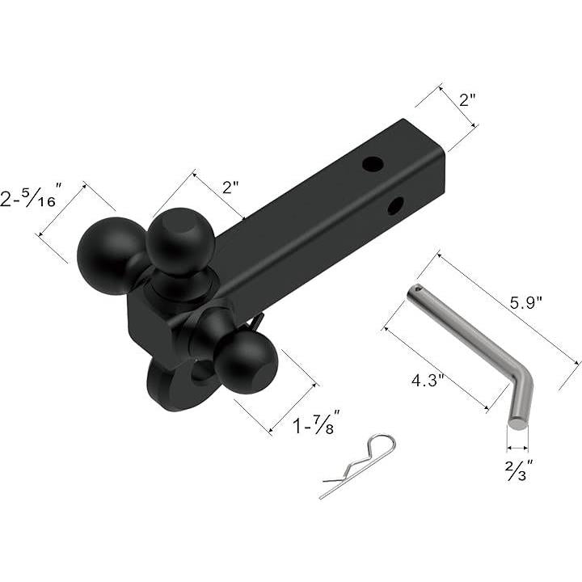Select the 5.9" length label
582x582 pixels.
526,303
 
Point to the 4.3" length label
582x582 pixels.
428,380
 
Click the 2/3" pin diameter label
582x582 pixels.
519,470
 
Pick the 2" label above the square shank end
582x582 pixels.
467,99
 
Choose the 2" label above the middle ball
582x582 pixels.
230,187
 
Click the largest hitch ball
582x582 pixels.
109,256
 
